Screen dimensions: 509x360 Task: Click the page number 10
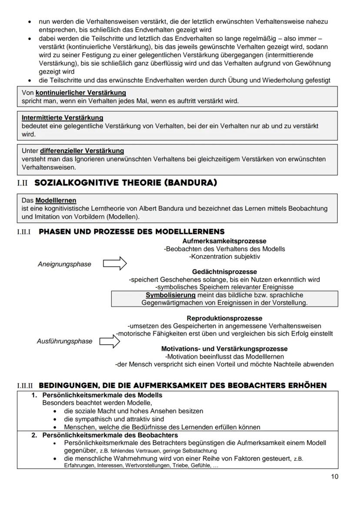tap(334, 476)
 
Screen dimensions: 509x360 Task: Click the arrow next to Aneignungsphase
tap(114, 263)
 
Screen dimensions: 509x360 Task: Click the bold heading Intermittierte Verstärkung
tap(62, 118)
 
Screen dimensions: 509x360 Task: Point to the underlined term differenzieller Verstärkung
tap(82, 151)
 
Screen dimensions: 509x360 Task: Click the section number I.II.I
tap(25, 232)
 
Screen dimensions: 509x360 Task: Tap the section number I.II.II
tap(25, 386)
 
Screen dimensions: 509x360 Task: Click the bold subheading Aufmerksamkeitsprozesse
tap(224, 241)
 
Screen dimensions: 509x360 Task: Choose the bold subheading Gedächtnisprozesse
tap(224, 272)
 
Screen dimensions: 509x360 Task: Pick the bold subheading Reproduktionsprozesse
tap(224, 318)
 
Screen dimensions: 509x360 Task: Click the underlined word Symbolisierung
tap(170, 295)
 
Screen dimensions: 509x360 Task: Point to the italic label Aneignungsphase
tap(64, 264)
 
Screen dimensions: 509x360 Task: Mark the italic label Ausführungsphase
tap(64, 341)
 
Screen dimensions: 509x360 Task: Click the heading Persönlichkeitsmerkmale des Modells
tap(102, 395)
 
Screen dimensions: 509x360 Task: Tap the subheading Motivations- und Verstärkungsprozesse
tap(224, 349)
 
